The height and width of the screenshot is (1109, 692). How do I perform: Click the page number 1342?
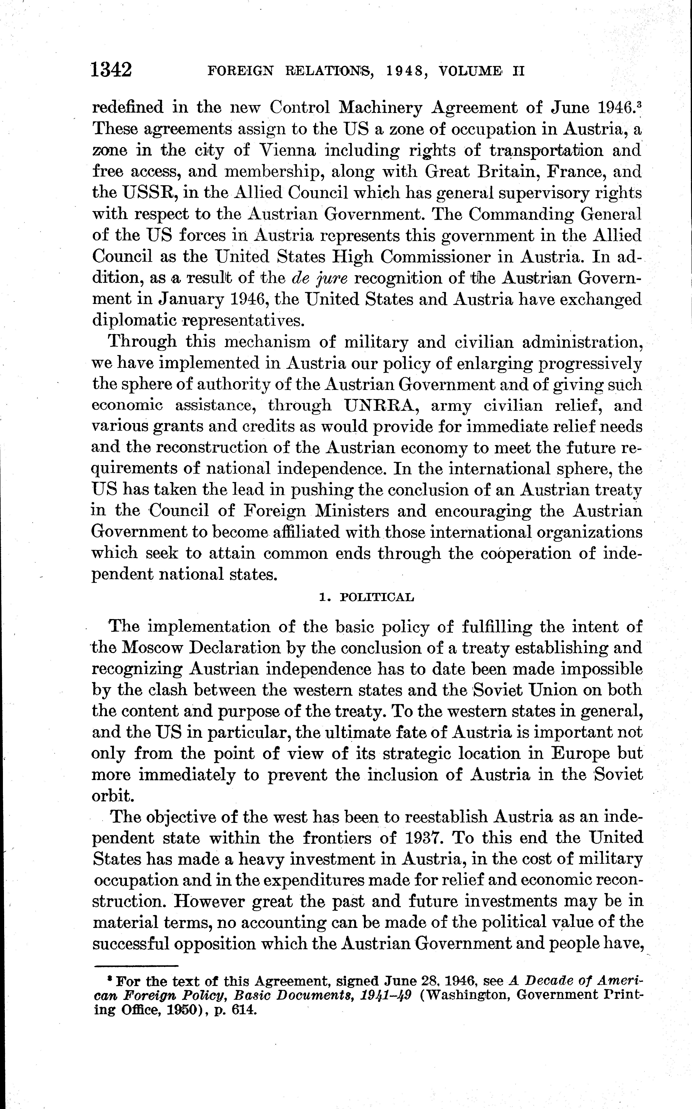click(x=112, y=71)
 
